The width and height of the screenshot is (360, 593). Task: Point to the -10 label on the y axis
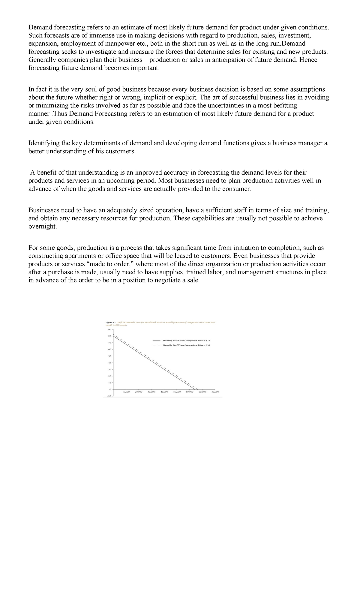(109, 396)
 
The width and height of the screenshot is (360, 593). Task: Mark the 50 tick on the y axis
(110, 356)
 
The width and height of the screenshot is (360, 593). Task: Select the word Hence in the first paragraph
(308, 60)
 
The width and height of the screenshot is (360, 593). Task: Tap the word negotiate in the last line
(166, 281)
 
